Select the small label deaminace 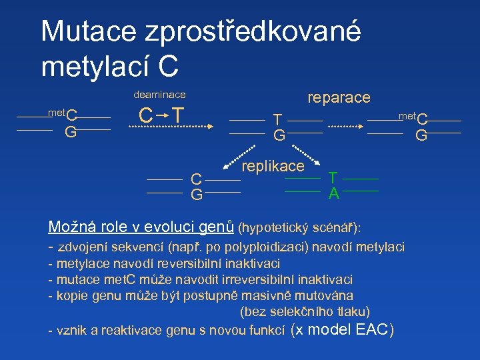160,95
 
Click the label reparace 339,97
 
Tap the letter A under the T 333,194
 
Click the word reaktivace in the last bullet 119,330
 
